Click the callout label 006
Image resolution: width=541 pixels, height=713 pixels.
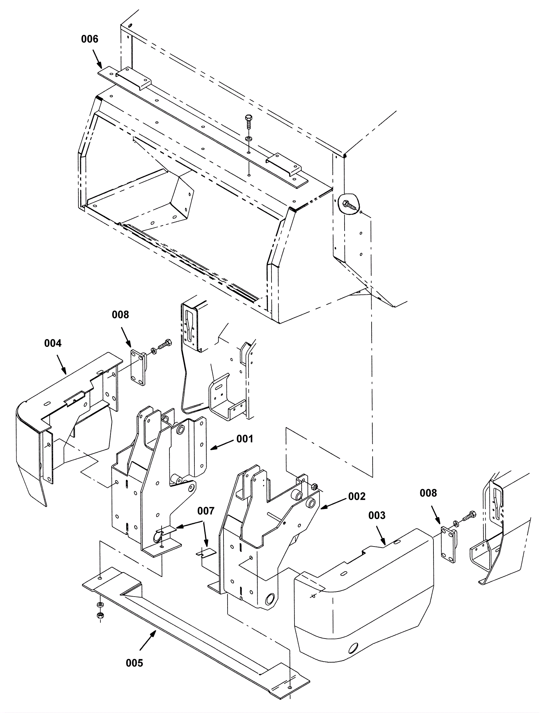[x=90, y=39]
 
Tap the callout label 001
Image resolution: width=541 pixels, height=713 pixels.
[x=244, y=439]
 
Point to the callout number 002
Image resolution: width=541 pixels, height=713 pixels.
[x=357, y=496]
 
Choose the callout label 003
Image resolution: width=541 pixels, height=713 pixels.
[x=377, y=515]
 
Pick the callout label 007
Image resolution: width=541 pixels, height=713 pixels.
[x=206, y=511]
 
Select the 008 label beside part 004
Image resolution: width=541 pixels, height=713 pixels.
[x=120, y=315]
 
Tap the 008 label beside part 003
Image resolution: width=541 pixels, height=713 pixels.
[x=428, y=493]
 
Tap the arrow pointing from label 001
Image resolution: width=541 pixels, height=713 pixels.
[x=222, y=446]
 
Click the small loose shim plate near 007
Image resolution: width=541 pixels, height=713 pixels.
[x=206, y=552]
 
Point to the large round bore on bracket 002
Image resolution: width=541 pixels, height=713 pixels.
[x=271, y=599]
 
